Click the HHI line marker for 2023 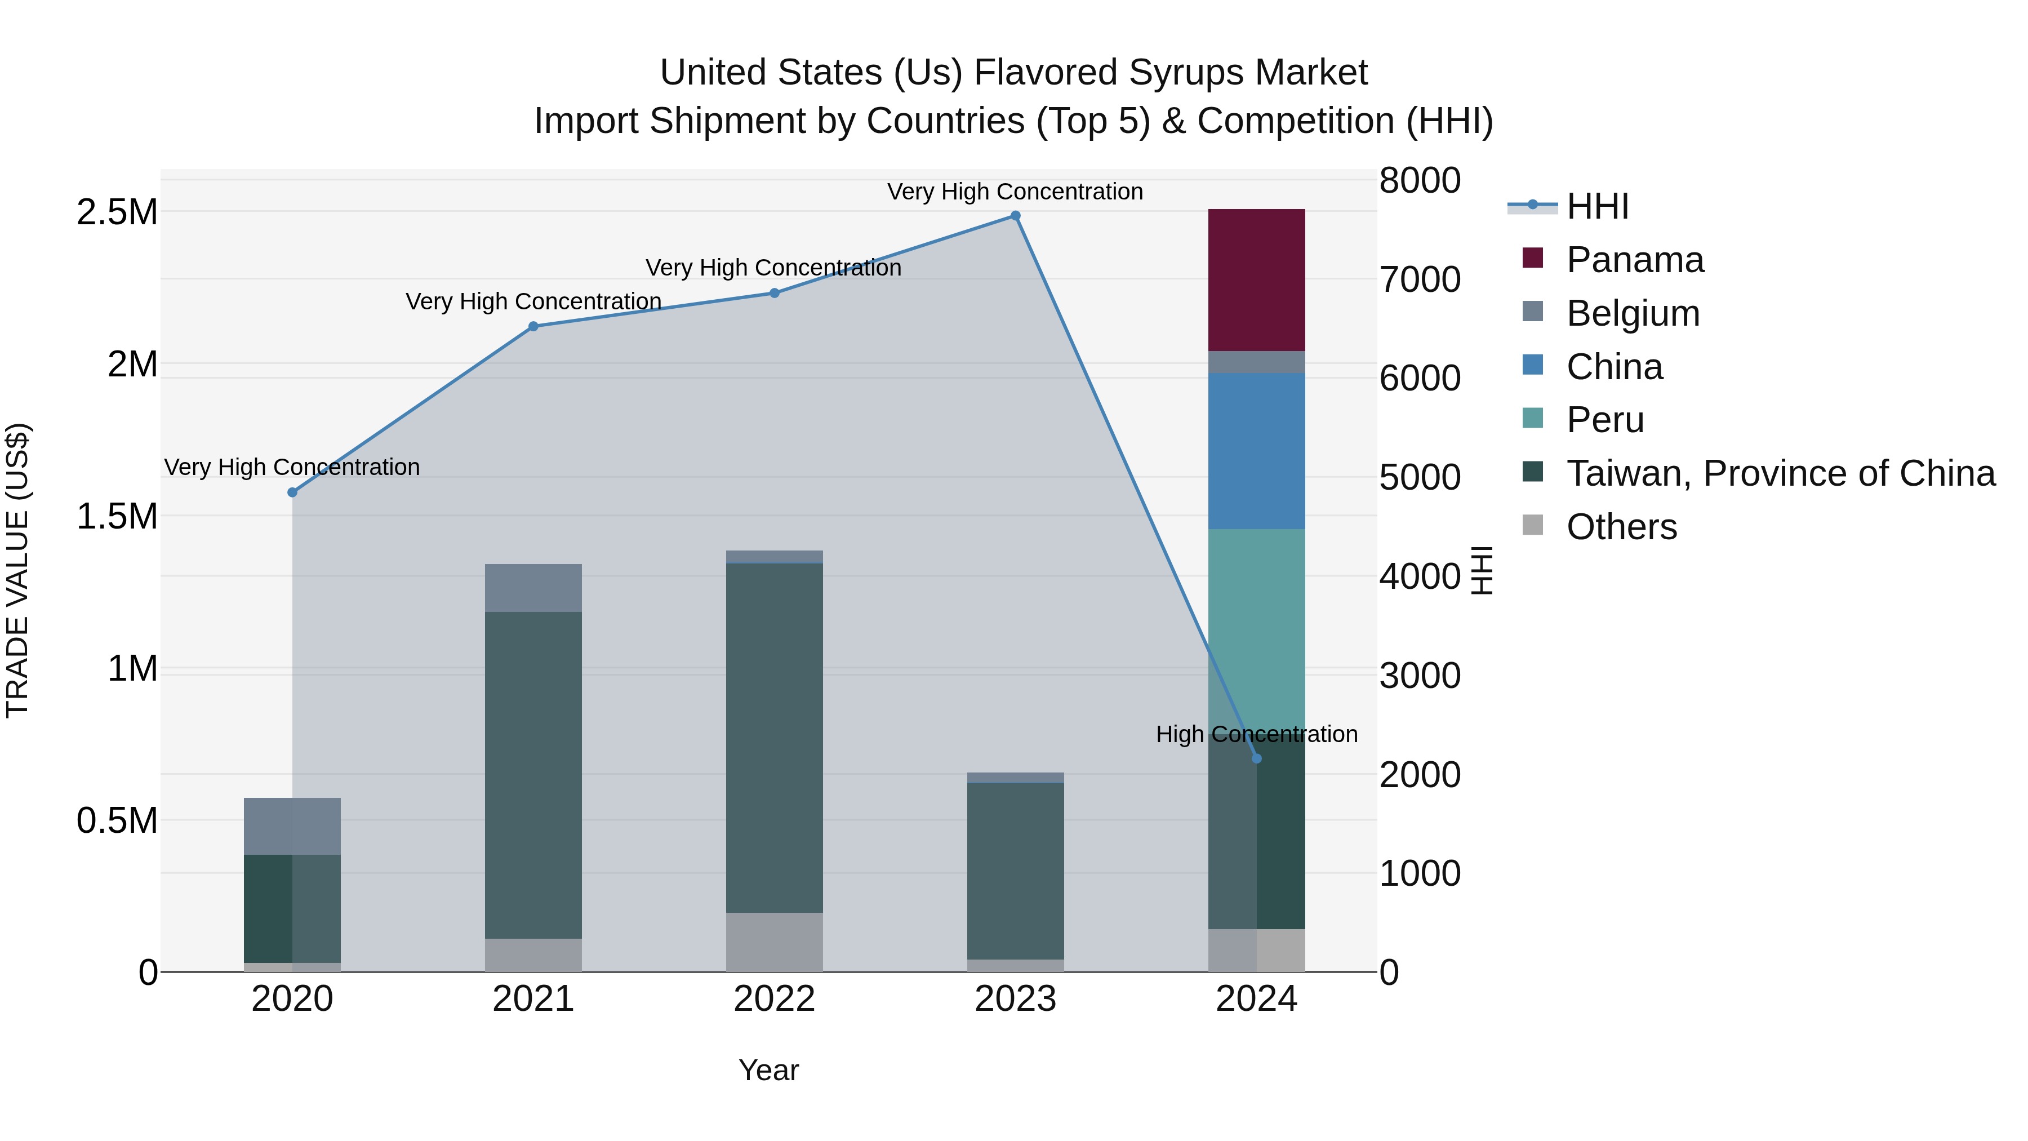tap(1016, 216)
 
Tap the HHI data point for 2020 tap(292, 492)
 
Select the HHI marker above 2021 tap(533, 326)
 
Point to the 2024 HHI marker tap(1256, 758)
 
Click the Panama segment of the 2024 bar tap(1256, 279)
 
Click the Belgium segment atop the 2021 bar tap(533, 588)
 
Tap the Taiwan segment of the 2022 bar tap(774, 737)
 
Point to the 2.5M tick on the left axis tap(117, 212)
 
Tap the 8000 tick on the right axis tap(1420, 180)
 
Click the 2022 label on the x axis tap(774, 999)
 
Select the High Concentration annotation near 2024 tap(1256, 734)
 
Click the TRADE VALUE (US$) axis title tap(17, 570)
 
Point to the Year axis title tap(768, 1070)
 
